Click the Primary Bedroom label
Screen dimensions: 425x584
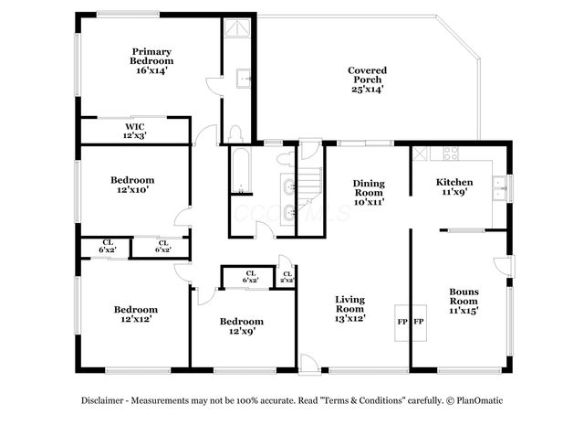coord(151,60)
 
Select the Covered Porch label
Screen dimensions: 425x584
coord(368,80)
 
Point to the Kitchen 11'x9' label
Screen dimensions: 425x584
coord(454,187)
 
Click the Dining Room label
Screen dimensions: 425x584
coord(369,193)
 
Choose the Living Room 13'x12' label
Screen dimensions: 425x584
coord(349,309)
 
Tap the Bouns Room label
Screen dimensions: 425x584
coord(464,302)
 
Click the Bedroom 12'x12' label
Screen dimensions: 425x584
coord(135,314)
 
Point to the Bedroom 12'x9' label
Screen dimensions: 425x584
coord(242,326)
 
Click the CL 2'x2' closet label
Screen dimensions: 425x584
coord(287,277)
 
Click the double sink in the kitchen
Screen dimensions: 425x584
coord(498,189)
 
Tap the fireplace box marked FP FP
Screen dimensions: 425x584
coord(410,323)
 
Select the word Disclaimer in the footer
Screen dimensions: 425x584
coord(105,400)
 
